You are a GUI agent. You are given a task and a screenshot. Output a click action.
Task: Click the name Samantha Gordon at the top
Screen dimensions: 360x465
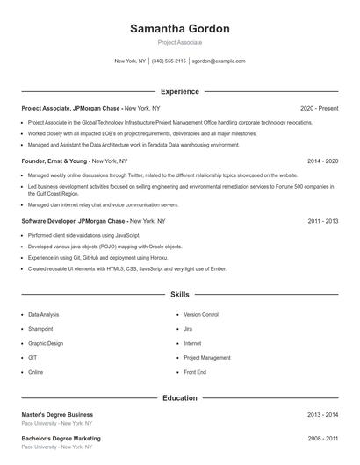[x=179, y=29]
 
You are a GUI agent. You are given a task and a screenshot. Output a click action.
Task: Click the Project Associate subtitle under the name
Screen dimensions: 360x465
[x=179, y=42]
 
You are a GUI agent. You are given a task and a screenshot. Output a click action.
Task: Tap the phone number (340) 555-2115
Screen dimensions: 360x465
[x=169, y=61]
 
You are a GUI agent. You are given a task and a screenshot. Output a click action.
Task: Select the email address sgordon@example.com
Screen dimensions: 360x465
[x=218, y=61]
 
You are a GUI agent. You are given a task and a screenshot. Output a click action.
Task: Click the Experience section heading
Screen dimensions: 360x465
[x=179, y=91]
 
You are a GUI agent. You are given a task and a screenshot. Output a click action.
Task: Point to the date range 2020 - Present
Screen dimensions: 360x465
[x=319, y=108]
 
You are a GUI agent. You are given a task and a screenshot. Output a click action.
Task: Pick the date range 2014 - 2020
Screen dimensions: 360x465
[x=323, y=161]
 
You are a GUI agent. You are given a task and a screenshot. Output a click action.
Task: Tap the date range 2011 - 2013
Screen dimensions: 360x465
[x=323, y=221]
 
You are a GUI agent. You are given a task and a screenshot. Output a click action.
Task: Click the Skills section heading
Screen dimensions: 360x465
[x=179, y=294]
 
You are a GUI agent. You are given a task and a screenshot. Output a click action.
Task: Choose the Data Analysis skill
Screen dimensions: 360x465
[x=44, y=314]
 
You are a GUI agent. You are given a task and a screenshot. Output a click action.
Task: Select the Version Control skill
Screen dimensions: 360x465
[x=201, y=314]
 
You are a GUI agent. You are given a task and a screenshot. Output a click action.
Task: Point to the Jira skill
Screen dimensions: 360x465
[x=188, y=328]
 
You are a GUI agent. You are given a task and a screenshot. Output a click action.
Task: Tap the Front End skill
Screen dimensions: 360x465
[x=195, y=372]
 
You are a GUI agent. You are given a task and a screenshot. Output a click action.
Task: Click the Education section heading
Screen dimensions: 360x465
[x=179, y=398]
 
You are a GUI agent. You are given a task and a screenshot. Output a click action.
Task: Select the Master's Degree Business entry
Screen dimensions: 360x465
[x=57, y=414]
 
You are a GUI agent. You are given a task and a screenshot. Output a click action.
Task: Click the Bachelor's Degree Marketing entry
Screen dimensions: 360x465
[x=61, y=438]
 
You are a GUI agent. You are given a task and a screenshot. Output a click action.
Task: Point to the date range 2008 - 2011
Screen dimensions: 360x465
[x=323, y=438]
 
